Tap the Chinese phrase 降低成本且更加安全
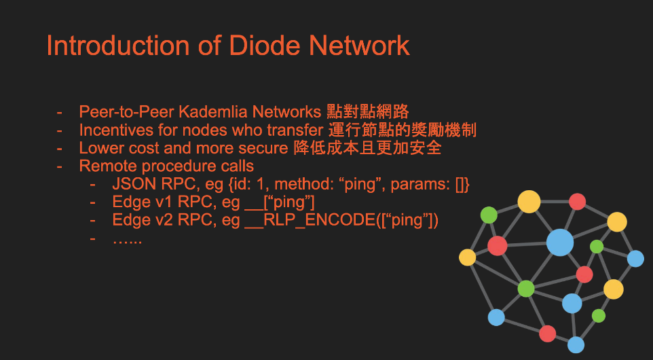[371, 148]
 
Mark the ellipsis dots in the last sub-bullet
[128, 239]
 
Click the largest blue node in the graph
[560, 242]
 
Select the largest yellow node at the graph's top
[529, 202]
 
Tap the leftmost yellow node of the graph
[468, 257]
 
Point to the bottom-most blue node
[576, 345]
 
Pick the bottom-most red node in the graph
[547, 334]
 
